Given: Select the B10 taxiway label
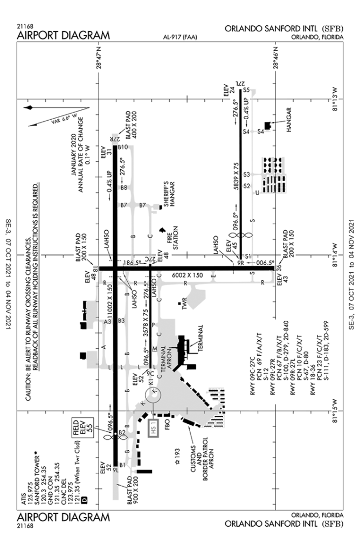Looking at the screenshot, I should pos(123,146).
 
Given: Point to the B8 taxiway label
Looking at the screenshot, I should pos(123,188).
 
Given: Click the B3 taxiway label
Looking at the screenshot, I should pos(121,321).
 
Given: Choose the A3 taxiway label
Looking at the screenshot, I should pos(107,321).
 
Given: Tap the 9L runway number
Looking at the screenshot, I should pos(115,470).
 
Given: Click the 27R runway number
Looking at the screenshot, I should pos(115,139).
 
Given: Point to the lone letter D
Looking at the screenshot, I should pos(84,500).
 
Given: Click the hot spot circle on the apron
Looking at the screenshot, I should pos(154,395).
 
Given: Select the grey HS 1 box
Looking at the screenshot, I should pos(154,429).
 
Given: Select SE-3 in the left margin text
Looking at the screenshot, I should pos(8,227).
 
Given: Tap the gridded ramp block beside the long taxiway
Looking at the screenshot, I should pos(273,175).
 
